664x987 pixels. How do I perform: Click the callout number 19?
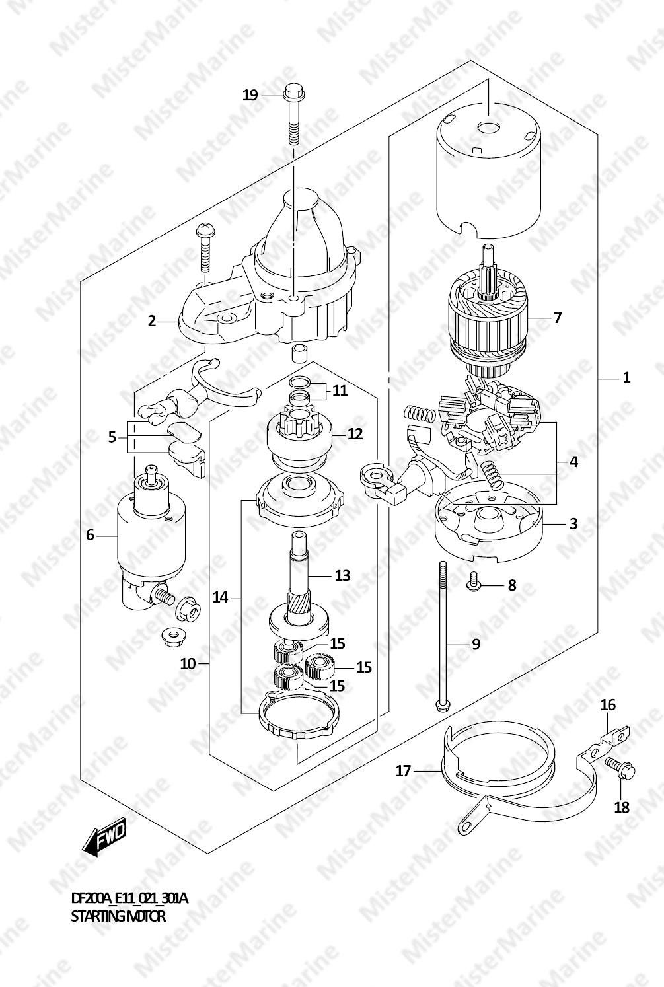click(x=250, y=95)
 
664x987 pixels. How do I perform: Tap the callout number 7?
click(x=558, y=318)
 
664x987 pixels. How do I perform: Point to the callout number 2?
click(x=152, y=322)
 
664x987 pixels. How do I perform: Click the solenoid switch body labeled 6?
click(x=151, y=535)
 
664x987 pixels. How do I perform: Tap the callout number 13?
click(x=342, y=575)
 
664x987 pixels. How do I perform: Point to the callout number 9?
click(x=476, y=644)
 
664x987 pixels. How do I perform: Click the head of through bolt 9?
click(x=442, y=706)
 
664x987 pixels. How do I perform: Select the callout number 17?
click(x=404, y=770)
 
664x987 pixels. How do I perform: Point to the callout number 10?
click(x=188, y=663)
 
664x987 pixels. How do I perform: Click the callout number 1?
click(x=626, y=378)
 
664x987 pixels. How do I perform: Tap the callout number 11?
click(x=340, y=390)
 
